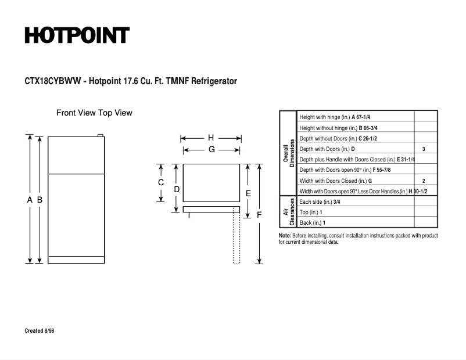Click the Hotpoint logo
(x=77, y=35)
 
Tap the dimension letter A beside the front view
(x=30, y=200)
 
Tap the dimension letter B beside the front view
(x=40, y=200)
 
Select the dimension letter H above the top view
(x=211, y=138)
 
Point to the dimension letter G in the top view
(x=212, y=150)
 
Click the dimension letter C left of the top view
(x=161, y=182)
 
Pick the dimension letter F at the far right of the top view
(x=259, y=215)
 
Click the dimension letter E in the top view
(x=248, y=193)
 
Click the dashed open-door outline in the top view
(x=236, y=238)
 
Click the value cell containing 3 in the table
(x=424, y=149)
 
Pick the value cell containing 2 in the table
(x=424, y=181)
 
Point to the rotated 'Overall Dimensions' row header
(x=289, y=153)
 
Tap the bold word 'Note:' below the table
(x=285, y=236)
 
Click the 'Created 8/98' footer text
(x=40, y=331)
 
